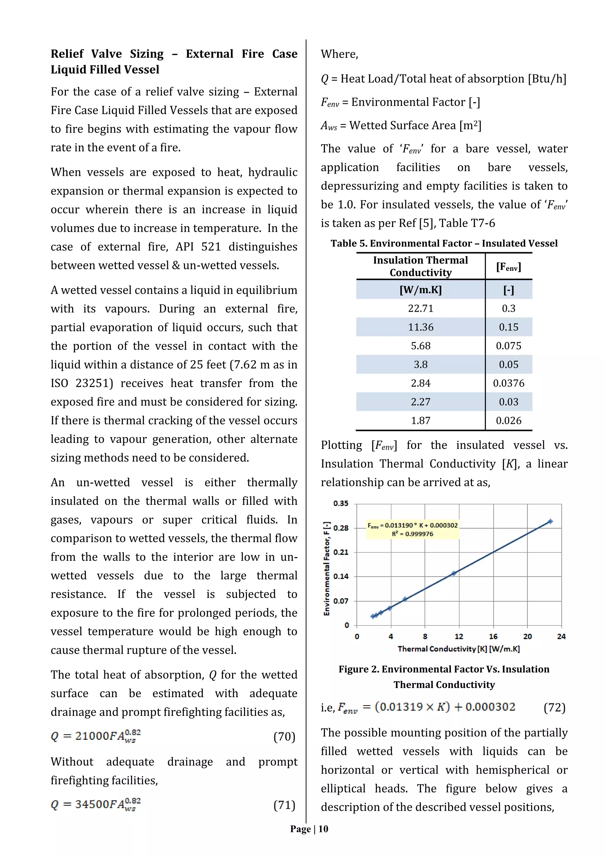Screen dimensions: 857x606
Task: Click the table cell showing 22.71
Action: [420, 308]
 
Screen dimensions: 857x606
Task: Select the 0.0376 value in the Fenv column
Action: [508, 383]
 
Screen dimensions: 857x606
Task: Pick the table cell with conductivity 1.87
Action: [420, 421]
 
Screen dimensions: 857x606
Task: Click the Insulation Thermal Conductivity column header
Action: [420, 266]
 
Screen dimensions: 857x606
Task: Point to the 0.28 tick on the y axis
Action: [340, 528]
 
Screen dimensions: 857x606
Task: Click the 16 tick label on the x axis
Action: [493, 636]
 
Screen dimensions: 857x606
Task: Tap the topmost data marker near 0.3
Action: [550, 521]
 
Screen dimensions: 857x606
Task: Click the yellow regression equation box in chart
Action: [412, 529]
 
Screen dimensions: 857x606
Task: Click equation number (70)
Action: [284, 737]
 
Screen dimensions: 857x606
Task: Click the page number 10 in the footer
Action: [323, 829]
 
